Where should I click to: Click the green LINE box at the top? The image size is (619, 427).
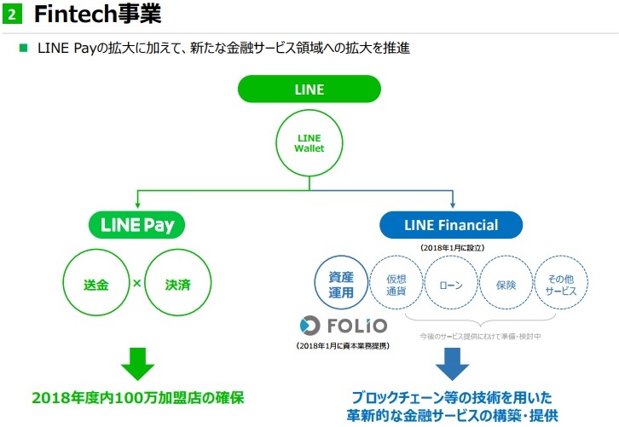coord(309,89)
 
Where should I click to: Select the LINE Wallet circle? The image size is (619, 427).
coord(309,142)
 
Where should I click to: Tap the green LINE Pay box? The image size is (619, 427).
coord(136,225)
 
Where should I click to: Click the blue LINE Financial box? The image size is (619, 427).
coord(451,225)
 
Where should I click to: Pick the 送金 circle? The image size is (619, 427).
coord(97,284)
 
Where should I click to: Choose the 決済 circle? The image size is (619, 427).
coord(176,284)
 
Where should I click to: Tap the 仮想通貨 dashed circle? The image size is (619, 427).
coord(396,285)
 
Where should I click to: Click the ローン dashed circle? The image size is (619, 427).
coord(451,285)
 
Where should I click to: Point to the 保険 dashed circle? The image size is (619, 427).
coord(506,285)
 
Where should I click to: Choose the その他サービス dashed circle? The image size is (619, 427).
coord(560,285)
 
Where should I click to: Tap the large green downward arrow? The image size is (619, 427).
coord(136,363)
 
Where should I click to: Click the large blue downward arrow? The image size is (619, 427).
coord(451,363)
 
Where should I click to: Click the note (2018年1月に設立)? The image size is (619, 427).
coord(451,247)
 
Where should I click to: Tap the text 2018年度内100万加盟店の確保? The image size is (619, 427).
coord(137,397)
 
